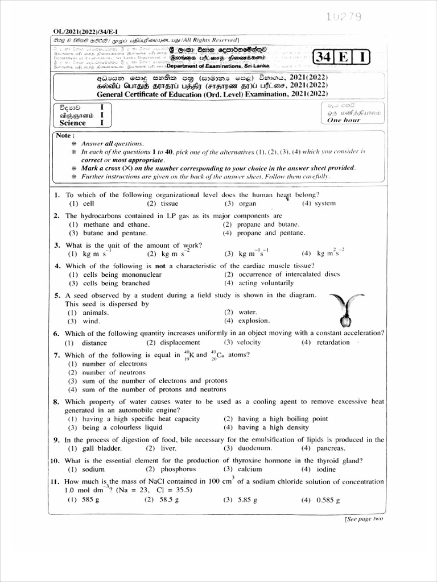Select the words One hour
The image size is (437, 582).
pos(344,120)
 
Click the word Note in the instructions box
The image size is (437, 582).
pos(64,135)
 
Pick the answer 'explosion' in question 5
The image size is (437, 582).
pos(254,321)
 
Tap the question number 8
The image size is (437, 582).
pos(56,401)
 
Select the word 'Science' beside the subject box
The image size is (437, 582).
pos(72,123)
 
